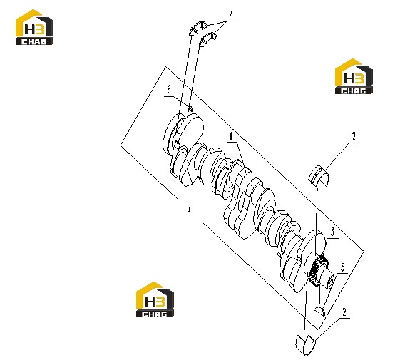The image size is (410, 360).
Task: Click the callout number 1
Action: pos(231,136)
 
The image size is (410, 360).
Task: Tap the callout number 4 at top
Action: pos(231,15)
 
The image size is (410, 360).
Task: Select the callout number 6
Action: pos(169,90)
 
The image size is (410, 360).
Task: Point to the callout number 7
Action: pos(189,208)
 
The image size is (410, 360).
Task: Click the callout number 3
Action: pos(332,232)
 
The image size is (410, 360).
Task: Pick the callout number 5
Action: pos(342,267)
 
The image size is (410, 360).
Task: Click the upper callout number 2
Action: pos(354,136)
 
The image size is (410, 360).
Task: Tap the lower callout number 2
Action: pos(344,312)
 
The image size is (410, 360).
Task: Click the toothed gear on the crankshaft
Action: pos(317,271)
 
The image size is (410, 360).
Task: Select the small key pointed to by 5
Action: pos(319,310)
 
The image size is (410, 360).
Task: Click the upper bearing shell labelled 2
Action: pos(319,176)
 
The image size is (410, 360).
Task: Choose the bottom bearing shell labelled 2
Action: pos(305,344)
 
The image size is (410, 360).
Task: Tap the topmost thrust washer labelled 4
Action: pos(198,28)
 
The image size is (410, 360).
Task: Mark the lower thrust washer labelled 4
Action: pos(207,39)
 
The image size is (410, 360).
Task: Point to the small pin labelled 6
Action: pos(191,108)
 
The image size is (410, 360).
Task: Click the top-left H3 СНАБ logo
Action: pos(34,27)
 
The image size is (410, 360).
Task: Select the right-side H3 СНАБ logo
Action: pos(354,76)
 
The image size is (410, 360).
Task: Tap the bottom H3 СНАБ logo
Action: pos(155,299)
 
